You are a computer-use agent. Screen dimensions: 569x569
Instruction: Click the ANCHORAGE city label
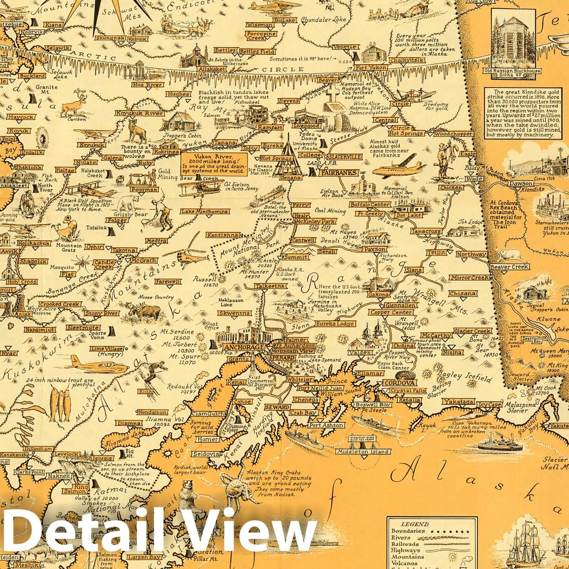pos(244,347)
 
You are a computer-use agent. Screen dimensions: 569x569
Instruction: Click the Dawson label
pos(508,183)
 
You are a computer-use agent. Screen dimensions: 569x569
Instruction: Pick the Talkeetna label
pos(271,287)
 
